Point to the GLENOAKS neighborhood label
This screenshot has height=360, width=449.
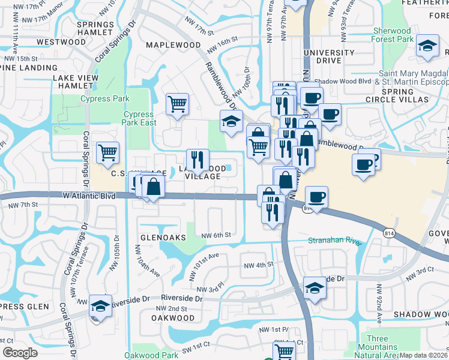coord(162,238)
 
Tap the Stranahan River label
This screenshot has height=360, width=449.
coord(336,241)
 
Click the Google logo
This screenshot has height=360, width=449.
coord(19,353)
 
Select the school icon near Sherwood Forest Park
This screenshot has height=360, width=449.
coord(427,47)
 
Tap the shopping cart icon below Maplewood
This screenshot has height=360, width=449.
coord(178,104)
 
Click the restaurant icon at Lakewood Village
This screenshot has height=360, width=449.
coord(197,160)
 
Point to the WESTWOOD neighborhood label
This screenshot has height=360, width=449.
coord(61,42)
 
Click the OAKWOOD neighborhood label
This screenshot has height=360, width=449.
coord(173,317)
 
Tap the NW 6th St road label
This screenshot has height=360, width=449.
coord(217,235)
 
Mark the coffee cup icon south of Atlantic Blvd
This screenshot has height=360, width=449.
coord(316,197)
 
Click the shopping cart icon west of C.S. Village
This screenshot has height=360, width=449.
coord(107,152)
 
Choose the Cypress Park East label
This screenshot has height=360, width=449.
coord(140,118)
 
